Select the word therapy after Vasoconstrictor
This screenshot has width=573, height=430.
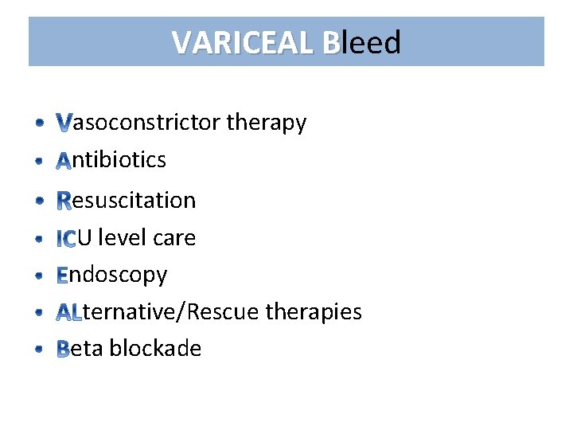click(266, 123)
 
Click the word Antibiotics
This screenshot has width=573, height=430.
click(111, 160)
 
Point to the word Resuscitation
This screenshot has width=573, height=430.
click(126, 200)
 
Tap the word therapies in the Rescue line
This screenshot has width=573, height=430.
click(314, 311)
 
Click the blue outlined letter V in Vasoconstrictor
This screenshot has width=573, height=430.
click(64, 123)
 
